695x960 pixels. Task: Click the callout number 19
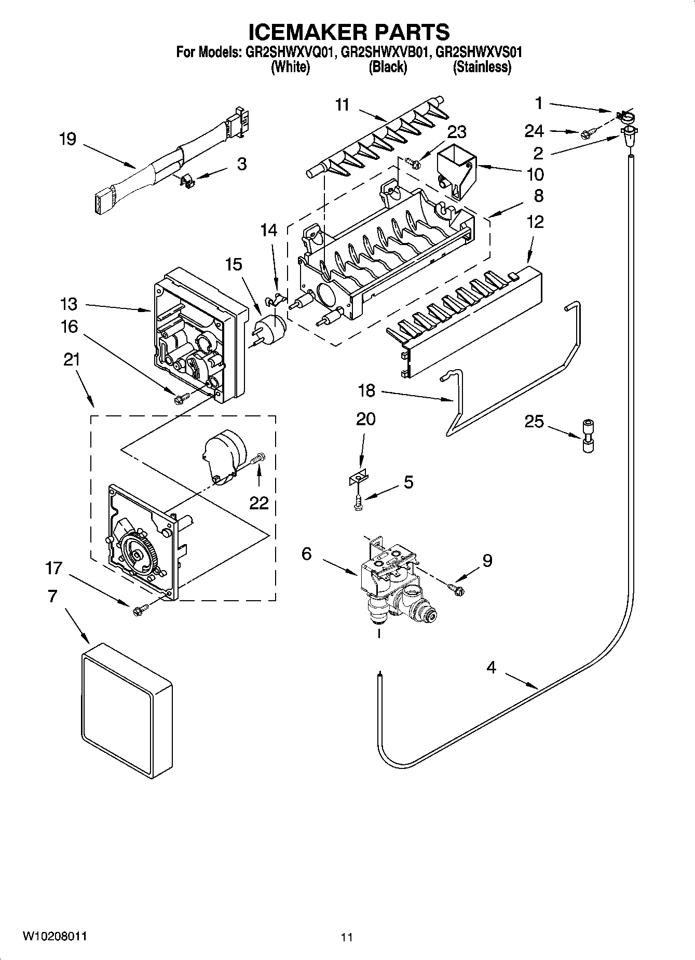[x=67, y=139]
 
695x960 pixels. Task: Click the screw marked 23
[x=413, y=163]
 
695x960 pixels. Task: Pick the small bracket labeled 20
[x=358, y=477]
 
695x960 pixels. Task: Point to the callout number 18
[x=366, y=390]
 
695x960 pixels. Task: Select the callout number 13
[x=68, y=304]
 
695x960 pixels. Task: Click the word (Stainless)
[x=482, y=67]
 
